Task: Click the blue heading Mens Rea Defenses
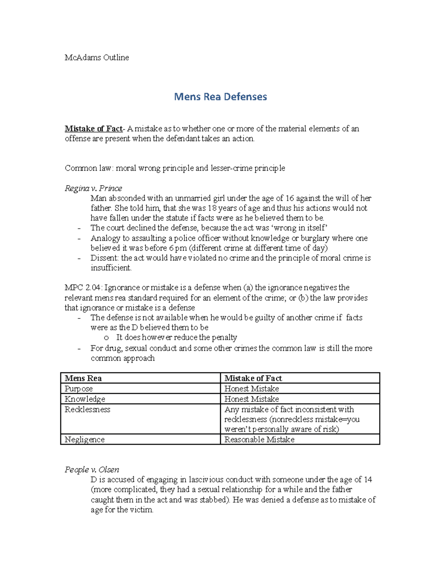click(x=220, y=97)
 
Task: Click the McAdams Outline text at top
click(x=97, y=57)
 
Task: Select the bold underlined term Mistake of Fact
click(x=93, y=129)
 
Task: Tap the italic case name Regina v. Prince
click(x=93, y=188)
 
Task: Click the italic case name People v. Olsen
click(x=92, y=470)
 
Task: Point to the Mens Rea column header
click(x=83, y=378)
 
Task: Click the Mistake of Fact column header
click(x=253, y=378)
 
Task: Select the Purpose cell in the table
click(x=79, y=389)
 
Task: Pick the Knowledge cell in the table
click(x=85, y=399)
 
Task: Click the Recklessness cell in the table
click(x=87, y=409)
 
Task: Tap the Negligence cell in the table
click(x=85, y=439)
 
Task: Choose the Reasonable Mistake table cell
click(x=259, y=439)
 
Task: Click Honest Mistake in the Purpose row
click(x=251, y=389)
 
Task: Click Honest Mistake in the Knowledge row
click(x=251, y=399)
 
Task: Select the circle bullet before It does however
click(x=106, y=338)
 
